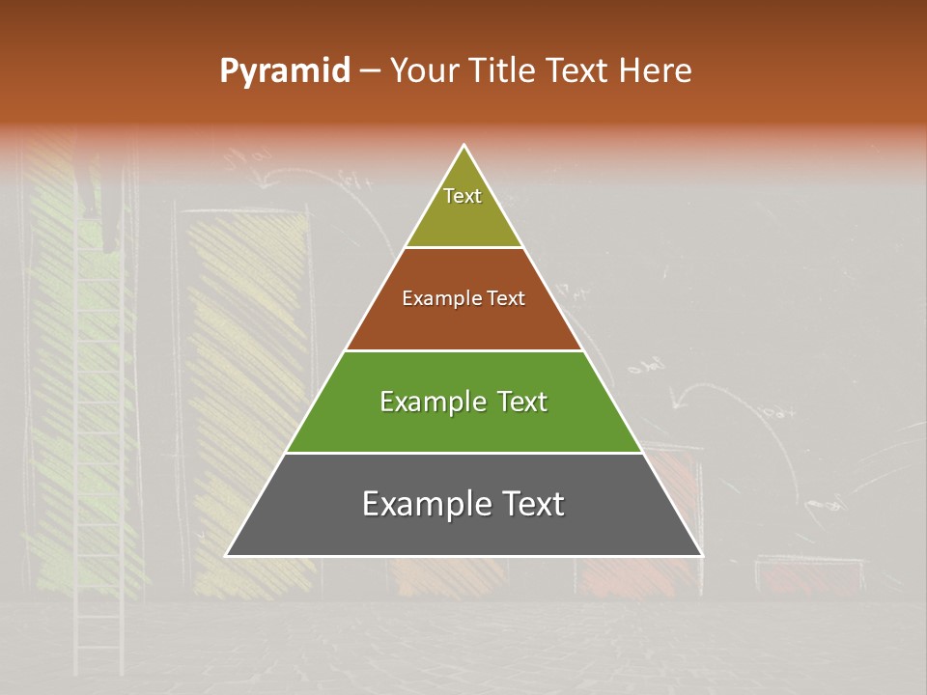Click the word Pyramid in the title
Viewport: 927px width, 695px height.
click(284, 71)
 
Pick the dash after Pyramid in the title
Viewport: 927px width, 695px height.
click(369, 71)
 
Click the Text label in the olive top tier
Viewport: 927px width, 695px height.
click(463, 196)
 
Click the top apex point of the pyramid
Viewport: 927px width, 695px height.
click(464, 146)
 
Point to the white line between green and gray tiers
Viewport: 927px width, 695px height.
click(463, 453)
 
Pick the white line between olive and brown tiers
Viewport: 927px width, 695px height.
click(463, 247)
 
